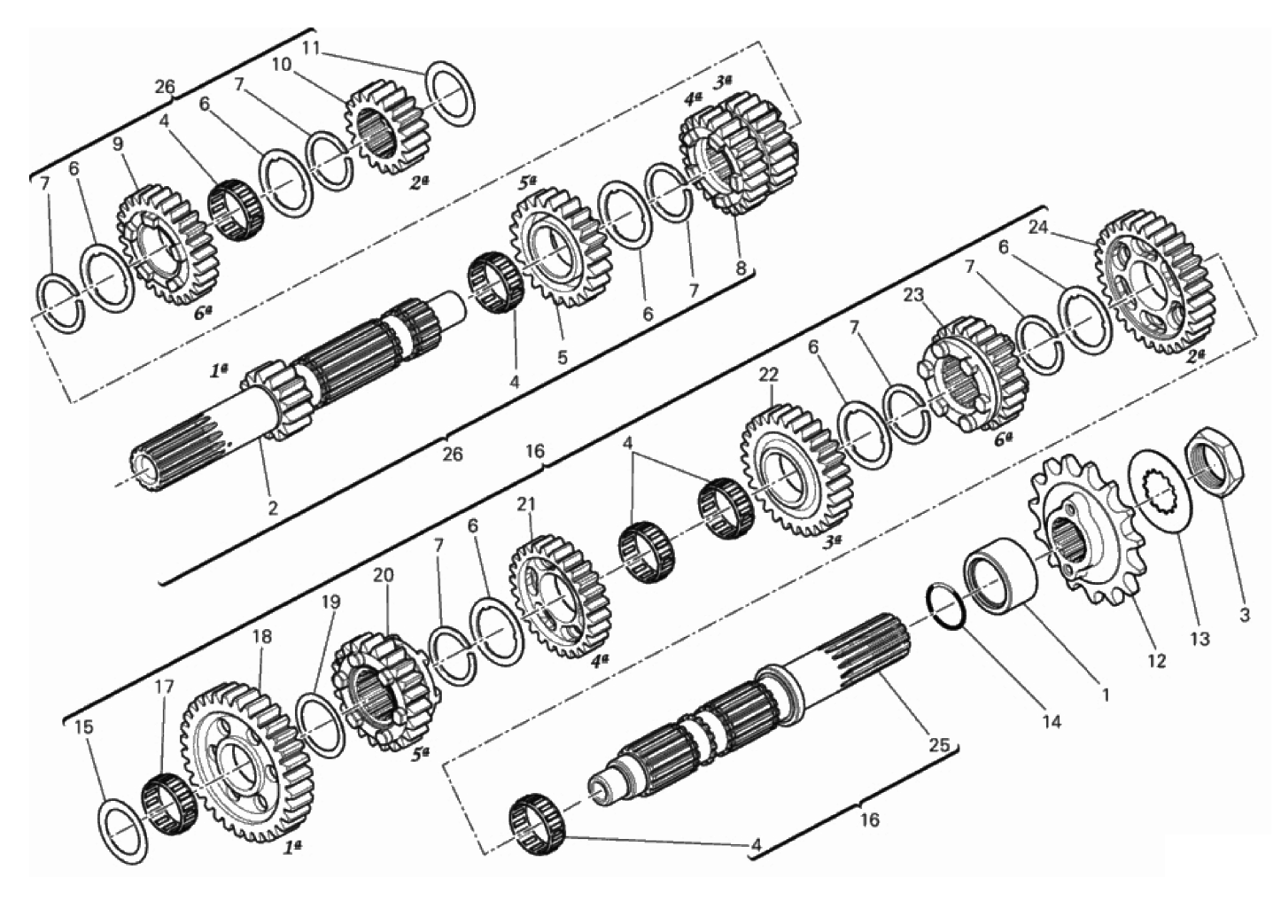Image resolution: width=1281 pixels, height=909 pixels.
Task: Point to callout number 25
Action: pos(940,745)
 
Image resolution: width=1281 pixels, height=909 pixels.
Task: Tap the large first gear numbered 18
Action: pos(247,762)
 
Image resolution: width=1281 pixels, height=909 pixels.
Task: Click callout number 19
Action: pos(330,602)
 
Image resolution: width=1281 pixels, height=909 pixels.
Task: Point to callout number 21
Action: pos(525,504)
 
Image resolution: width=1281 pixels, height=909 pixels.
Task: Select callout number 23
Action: pos(914,296)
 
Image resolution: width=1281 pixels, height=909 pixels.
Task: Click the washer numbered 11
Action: pos(452,92)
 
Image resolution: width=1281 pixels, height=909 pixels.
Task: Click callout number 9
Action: pos(118,144)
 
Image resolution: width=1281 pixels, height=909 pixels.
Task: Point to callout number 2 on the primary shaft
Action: pos(273,508)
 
